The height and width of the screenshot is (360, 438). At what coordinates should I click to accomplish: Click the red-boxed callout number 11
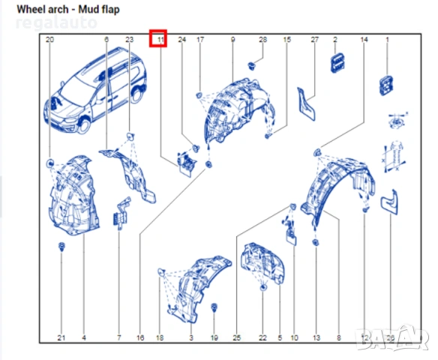158,39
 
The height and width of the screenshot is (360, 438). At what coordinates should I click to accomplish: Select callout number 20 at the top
49,39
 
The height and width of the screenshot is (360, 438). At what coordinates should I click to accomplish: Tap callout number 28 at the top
262,39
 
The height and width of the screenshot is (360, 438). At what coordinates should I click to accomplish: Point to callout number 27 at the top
315,39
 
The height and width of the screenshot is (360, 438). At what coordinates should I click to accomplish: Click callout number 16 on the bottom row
139,338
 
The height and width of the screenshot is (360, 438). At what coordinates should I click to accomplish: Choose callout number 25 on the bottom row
237,338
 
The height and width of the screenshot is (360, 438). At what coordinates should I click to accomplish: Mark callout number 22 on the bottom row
262,338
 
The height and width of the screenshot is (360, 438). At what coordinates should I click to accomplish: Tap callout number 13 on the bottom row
316,338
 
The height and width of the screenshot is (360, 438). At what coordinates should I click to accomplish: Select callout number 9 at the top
232,39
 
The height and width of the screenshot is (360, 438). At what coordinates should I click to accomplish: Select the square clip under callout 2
335,64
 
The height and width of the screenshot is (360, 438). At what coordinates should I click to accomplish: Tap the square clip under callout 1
387,85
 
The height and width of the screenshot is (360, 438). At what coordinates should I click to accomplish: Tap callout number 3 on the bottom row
190,338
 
